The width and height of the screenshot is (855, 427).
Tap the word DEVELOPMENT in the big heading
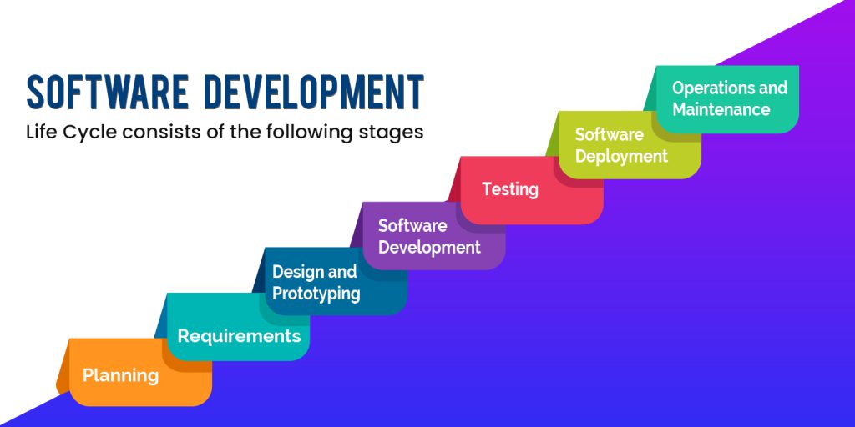point(314,92)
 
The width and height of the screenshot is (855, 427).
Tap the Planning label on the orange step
point(120,376)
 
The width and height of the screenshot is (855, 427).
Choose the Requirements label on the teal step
point(239,337)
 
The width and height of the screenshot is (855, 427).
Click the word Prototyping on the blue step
point(316,294)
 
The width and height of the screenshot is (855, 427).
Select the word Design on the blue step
point(296,272)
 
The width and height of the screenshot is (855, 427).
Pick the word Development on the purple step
point(429,247)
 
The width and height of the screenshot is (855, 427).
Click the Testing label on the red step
point(510,189)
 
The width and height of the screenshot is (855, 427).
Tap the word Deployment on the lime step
point(621,157)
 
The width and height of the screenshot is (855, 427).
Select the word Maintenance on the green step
point(721,109)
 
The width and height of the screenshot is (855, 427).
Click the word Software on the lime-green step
point(609,134)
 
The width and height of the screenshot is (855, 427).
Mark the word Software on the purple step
point(412,225)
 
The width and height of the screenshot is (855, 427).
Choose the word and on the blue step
point(341,272)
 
